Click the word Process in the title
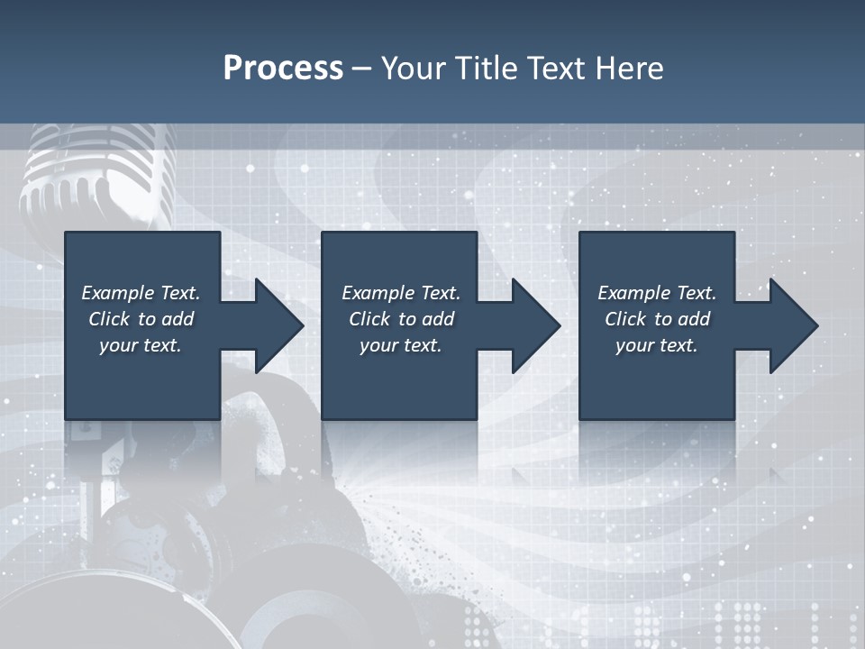pos(283,69)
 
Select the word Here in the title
pos(630,69)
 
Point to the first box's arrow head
pos(278,325)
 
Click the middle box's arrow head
pos(534,325)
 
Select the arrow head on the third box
pos(792,325)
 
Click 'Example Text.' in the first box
pos(141,293)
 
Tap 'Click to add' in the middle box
pos(401,319)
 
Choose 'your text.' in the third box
pos(656,345)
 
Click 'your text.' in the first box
pos(141,345)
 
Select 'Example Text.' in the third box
pos(656,293)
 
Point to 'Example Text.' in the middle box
pos(401,293)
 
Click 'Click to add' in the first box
pos(141,319)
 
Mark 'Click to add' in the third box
pos(656,319)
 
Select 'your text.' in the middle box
pos(401,345)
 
